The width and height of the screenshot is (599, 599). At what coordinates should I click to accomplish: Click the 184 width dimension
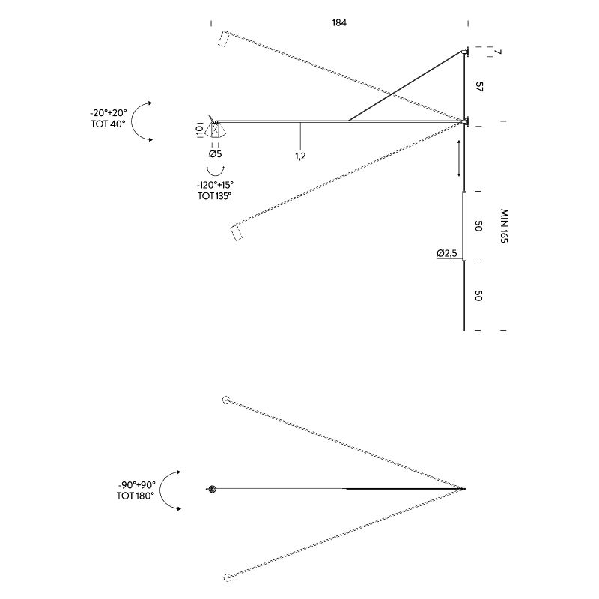coord(339,23)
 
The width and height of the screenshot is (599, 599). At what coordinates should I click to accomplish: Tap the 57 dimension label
coord(479,87)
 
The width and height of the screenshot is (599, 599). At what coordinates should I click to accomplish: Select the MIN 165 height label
coord(504,226)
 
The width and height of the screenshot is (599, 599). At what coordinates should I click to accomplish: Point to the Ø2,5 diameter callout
coord(447,253)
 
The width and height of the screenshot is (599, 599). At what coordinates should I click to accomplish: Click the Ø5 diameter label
coord(215,154)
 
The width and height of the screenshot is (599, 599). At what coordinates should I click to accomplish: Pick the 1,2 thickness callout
coord(300,156)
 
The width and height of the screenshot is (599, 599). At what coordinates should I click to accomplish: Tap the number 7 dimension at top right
coord(496,52)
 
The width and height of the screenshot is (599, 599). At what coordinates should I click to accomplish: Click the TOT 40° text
coord(108,124)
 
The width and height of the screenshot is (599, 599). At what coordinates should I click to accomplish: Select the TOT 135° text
coord(214,196)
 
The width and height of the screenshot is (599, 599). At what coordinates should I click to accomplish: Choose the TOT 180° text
coord(136,496)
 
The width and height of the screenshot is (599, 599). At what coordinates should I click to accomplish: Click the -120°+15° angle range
coord(215,185)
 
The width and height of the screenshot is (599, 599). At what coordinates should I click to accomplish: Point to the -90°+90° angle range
coord(137,484)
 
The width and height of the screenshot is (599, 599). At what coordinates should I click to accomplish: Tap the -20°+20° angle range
coord(109,113)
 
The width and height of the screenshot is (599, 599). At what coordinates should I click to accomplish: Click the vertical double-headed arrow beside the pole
coord(459,158)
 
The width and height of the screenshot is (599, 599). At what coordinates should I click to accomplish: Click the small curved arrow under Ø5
coord(215,171)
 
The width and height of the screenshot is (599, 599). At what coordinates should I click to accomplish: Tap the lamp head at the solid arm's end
coord(216,127)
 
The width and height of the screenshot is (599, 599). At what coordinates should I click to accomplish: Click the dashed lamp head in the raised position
coord(223,39)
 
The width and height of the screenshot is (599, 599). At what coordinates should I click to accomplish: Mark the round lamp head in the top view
coord(211,489)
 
